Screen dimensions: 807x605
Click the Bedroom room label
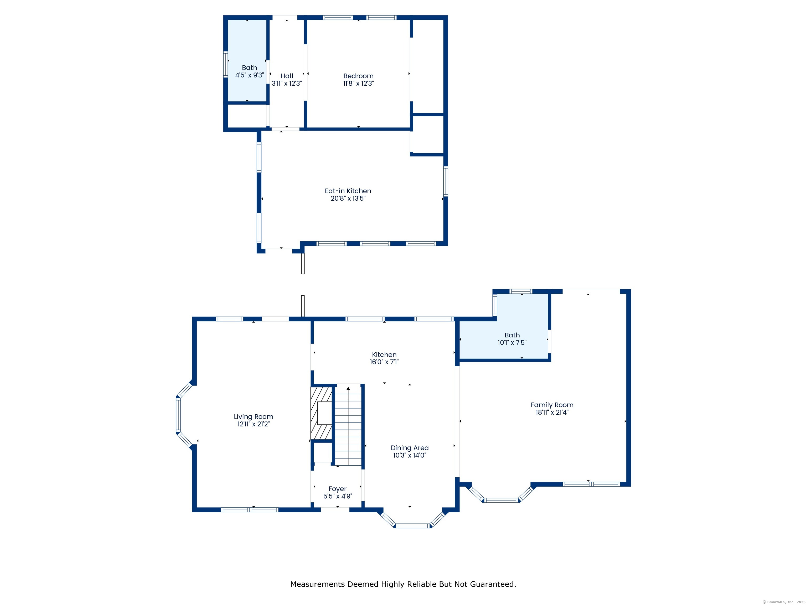[358, 76]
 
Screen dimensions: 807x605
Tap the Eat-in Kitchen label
[348, 191]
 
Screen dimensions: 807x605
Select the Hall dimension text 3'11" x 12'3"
[287, 84]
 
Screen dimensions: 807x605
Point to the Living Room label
[253, 416]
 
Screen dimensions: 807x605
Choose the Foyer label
[338, 489]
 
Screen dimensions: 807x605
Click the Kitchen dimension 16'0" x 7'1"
[384, 362]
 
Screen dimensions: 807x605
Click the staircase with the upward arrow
[348, 425]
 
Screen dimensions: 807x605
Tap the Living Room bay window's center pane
[178, 415]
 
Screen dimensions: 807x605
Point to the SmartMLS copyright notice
[784, 602]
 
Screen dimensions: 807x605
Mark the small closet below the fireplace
[322, 452]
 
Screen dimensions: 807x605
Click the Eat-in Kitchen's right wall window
[446, 181]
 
